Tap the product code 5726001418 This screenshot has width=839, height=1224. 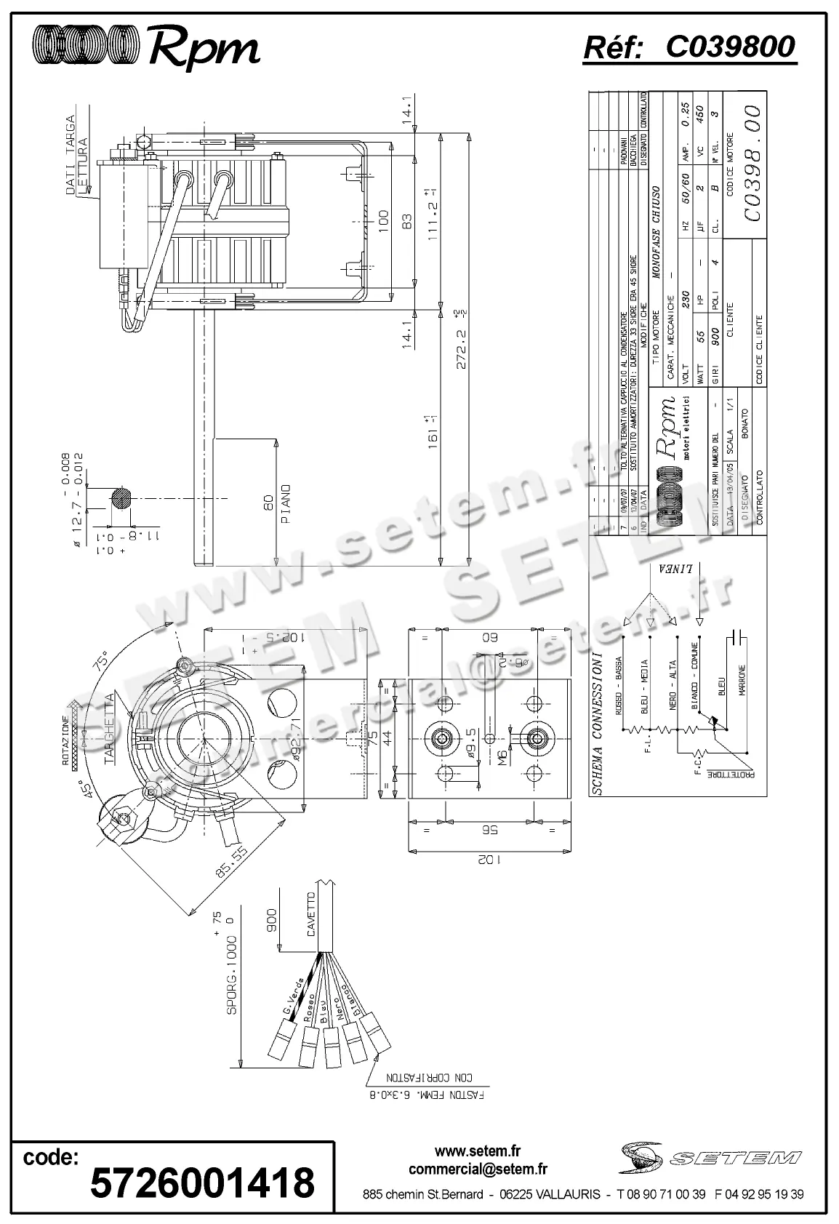coord(202,1182)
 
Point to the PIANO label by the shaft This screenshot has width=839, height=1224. coord(285,504)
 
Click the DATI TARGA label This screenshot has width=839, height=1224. coord(71,155)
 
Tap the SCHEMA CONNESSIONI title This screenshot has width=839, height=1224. coord(598,723)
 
